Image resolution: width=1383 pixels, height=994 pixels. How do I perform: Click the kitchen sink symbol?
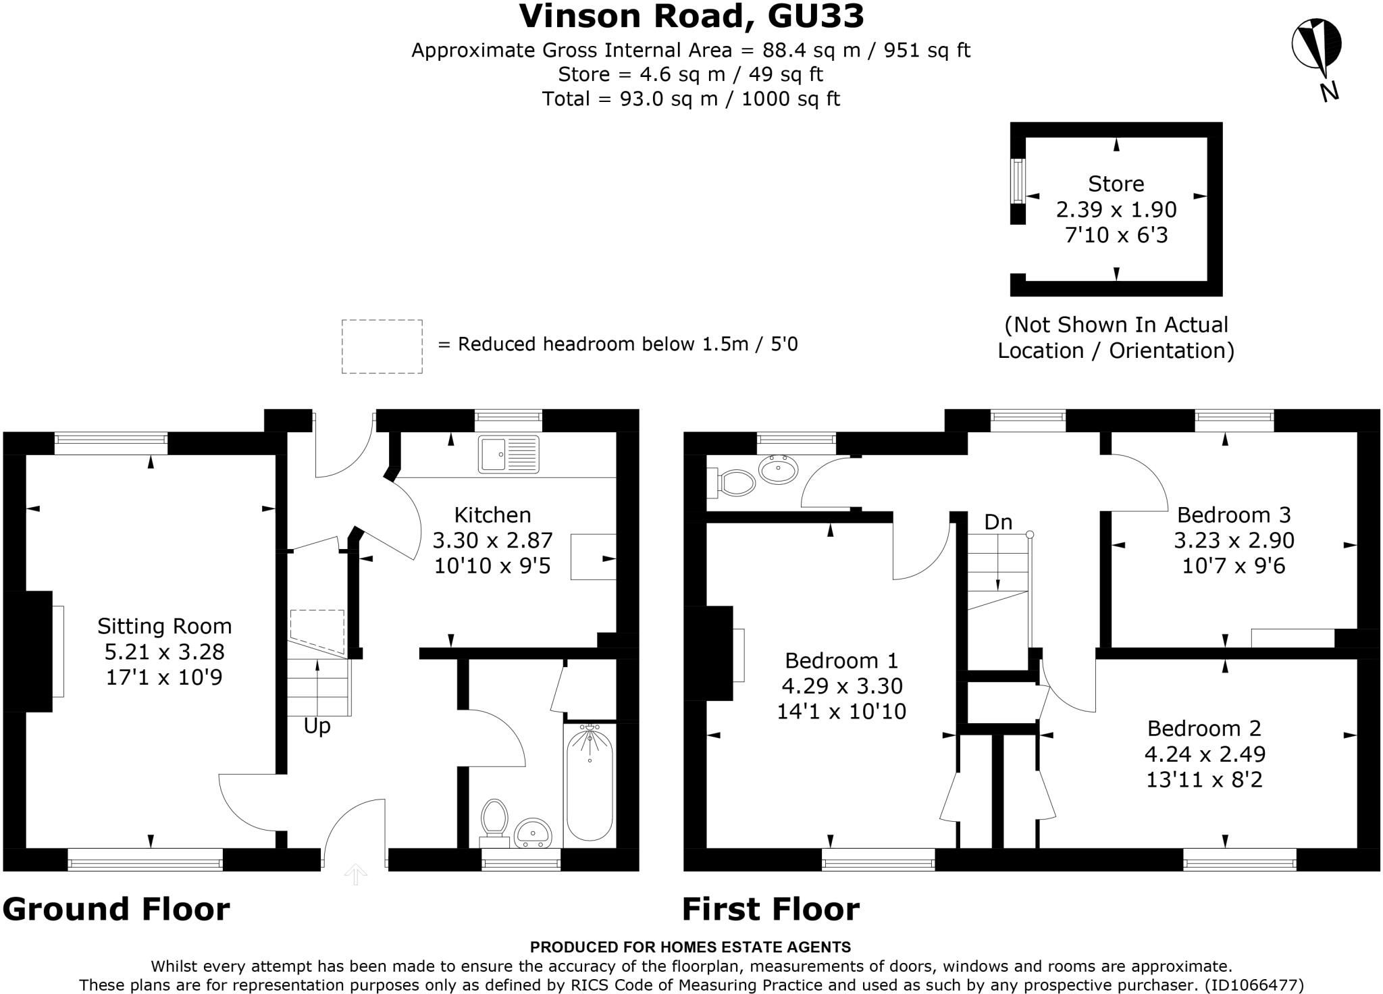tap(508, 453)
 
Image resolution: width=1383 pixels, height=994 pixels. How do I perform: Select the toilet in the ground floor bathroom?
tap(494, 822)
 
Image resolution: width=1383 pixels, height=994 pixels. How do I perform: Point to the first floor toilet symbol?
tap(731, 483)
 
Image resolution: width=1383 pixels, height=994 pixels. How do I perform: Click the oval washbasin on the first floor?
tap(779, 469)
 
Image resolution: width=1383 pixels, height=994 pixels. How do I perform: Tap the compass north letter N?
tap(1329, 91)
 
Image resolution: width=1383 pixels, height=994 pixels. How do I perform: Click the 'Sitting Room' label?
tap(164, 626)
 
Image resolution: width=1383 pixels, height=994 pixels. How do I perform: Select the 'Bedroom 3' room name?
tap(1234, 515)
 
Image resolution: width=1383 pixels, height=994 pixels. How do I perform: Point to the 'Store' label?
tap(1116, 184)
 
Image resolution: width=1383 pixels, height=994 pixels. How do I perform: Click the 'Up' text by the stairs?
tap(317, 727)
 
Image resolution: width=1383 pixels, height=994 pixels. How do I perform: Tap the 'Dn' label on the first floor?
tap(998, 522)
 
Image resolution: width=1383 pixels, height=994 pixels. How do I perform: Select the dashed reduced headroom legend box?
tap(382, 346)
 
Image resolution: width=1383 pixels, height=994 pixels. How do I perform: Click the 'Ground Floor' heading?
tap(116, 909)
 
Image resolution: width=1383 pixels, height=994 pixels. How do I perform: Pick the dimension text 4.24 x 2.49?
tap(1205, 754)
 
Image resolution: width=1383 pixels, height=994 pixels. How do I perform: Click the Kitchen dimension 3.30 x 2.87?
tap(492, 540)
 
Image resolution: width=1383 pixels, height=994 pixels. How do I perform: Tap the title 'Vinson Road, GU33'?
tap(691, 16)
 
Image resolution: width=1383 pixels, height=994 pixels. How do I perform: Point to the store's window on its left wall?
tap(1018, 180)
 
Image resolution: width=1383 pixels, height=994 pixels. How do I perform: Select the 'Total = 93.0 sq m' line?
tap(691, 99)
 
